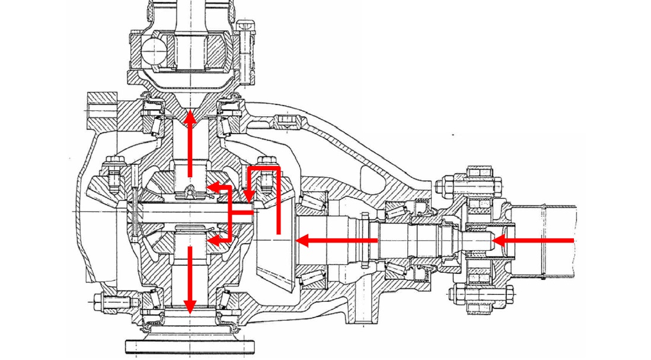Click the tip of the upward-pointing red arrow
[190, 111]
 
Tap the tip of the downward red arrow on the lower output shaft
[190, 313]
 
